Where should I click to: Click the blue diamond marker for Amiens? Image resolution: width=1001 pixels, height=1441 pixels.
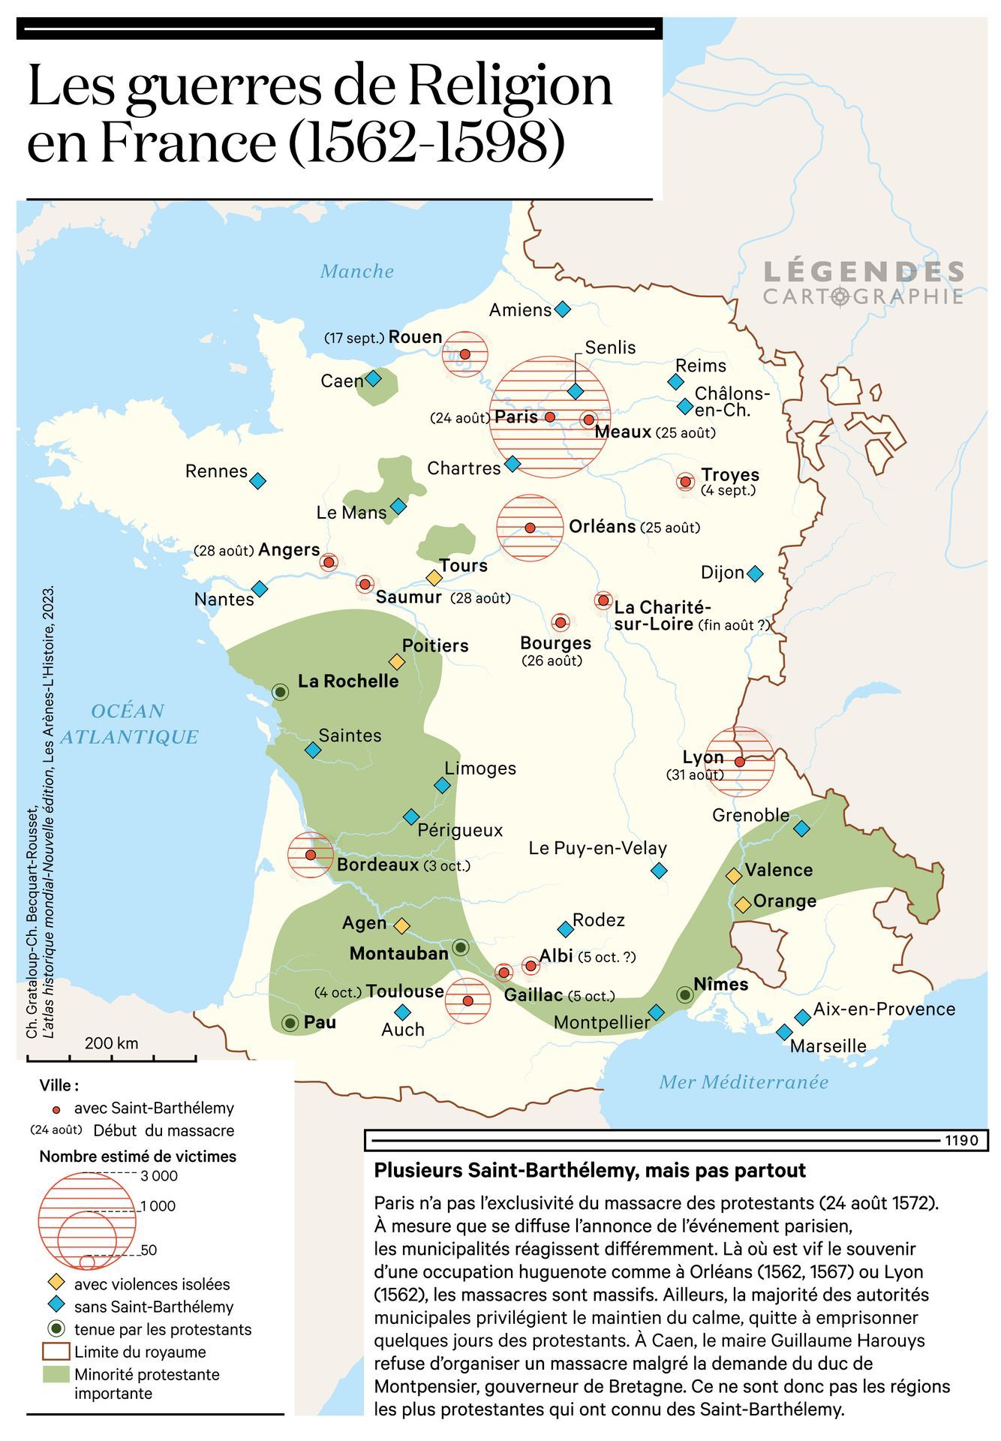click(562, 309)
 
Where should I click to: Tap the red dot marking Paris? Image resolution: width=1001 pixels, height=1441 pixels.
click(549, 417)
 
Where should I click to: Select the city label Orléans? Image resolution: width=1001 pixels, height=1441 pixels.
click(602, 526)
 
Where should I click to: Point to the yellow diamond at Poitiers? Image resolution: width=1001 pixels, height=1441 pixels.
click(396, 661)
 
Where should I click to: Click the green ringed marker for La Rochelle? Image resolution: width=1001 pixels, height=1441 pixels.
click(280, 691)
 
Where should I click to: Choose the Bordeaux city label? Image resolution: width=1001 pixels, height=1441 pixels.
click(377, 865)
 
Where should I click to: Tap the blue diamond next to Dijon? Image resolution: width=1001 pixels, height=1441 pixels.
click(755, 573)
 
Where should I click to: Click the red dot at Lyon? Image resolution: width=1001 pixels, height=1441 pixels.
click(739, 761)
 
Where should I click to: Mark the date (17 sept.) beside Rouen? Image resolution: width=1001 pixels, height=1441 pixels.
click(354, 338)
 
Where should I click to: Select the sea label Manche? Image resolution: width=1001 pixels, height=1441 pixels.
click(356, 271)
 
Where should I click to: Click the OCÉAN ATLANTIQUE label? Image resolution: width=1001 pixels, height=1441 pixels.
click(129, 724)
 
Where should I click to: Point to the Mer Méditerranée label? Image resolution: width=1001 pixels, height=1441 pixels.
click(743, 1082)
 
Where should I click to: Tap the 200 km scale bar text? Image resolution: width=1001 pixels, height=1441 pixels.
click(111, 1042)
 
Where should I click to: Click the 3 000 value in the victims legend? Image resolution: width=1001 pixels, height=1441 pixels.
click(159, 1175)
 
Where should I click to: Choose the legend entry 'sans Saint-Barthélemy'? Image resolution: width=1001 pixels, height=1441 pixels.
click(153, 1307)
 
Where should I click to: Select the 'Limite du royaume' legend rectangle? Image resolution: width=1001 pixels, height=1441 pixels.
click(55, 1352)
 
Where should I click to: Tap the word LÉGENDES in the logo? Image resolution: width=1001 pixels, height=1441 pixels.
click(863, 272)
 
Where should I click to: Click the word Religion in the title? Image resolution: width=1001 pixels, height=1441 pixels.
click(510, 86)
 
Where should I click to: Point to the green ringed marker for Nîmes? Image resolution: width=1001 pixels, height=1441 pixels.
click(684, 994)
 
